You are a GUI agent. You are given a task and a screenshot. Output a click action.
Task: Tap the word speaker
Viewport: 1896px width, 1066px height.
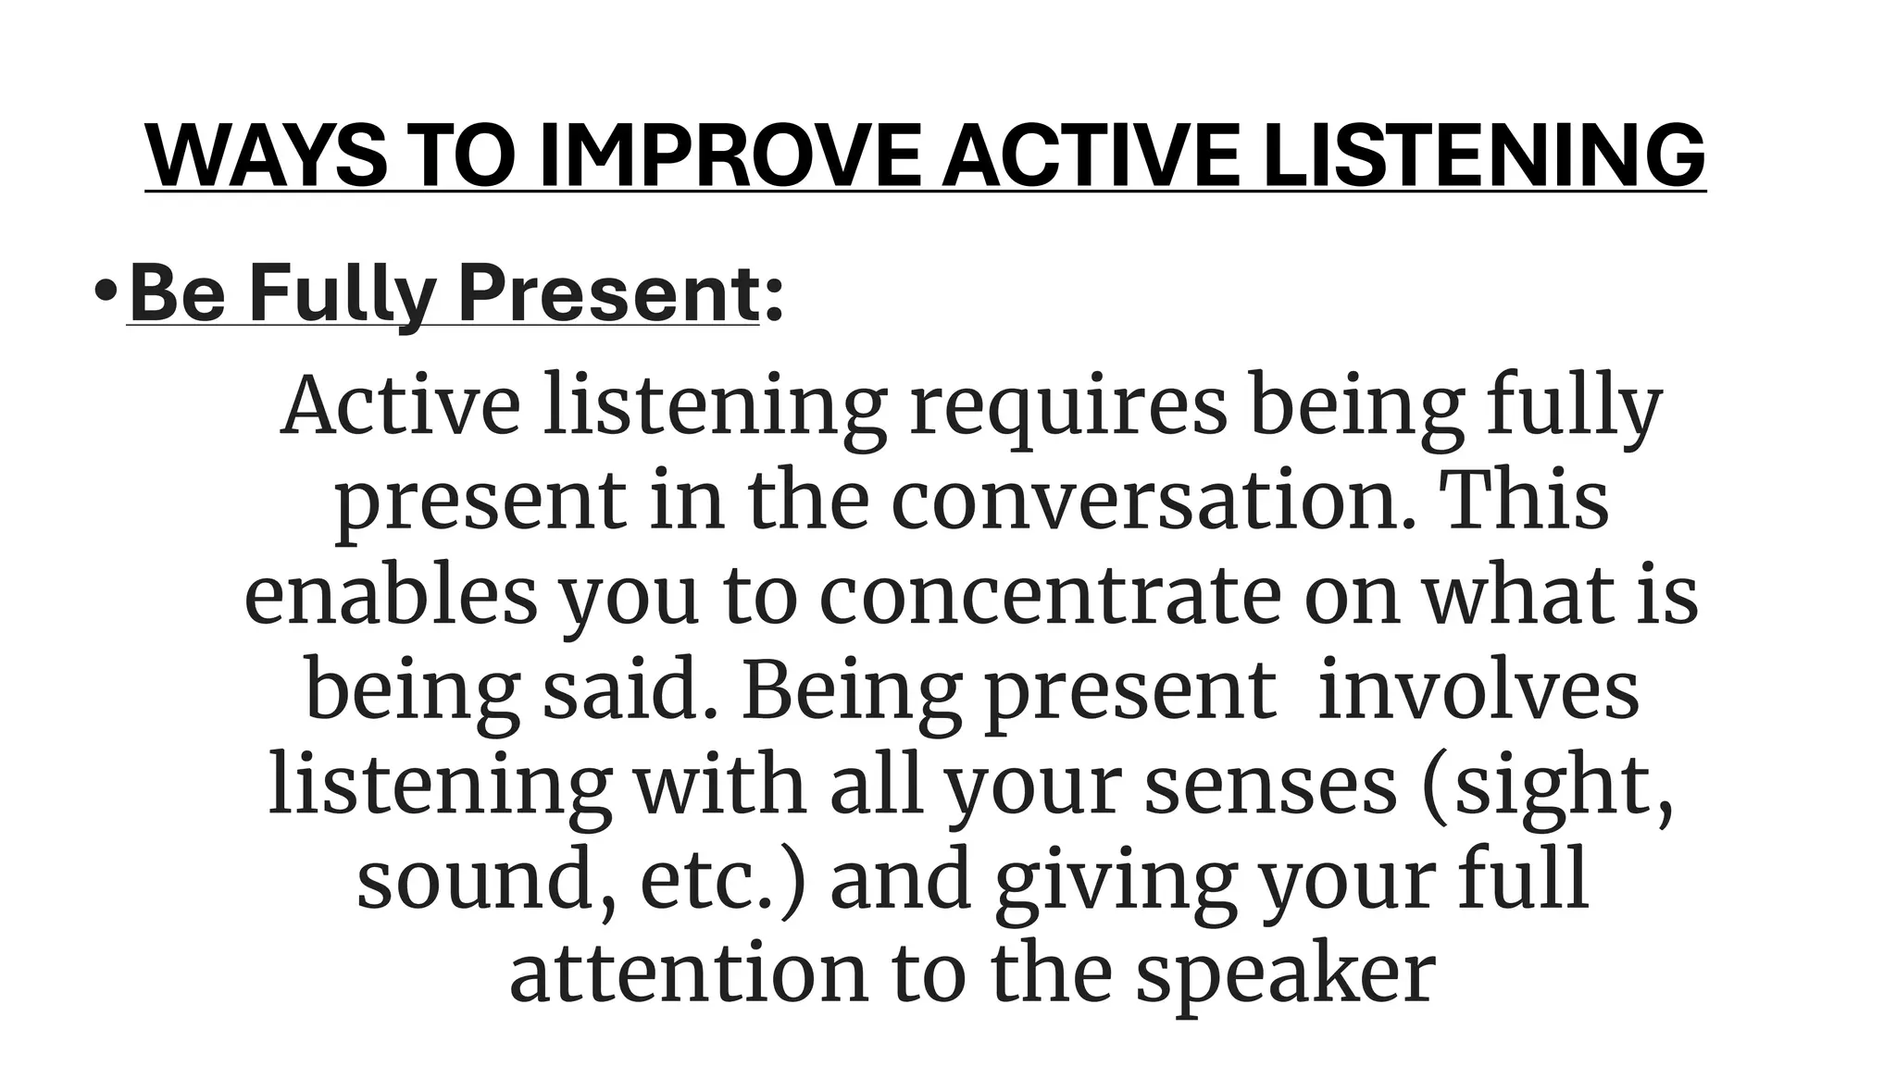1285,977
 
